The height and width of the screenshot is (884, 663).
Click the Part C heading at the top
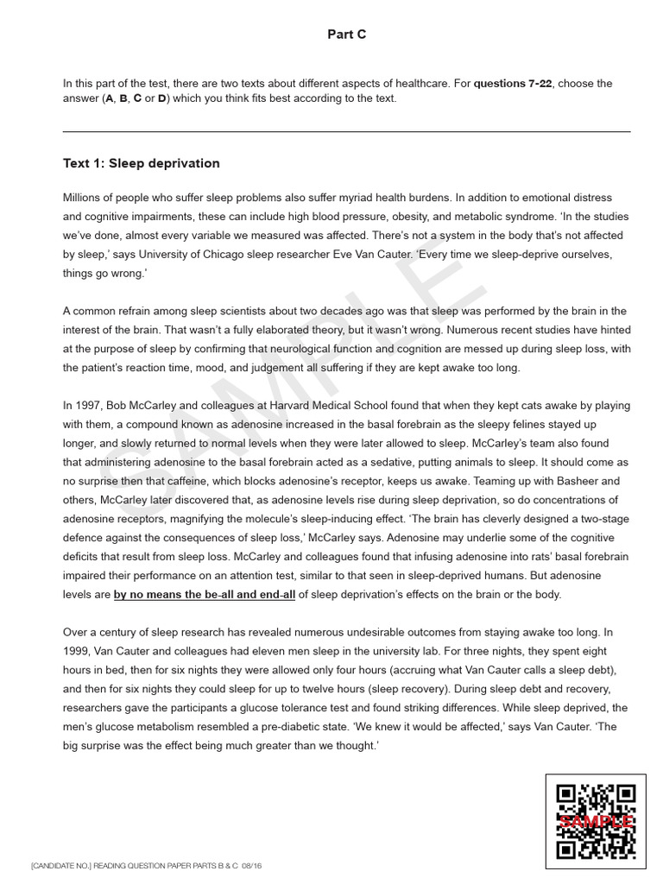pyautogui.click(x=346, y=35)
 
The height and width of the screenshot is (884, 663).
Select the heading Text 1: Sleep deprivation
pyautogui.click(x=141, y=163)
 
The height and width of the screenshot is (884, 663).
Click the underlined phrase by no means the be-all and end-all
pyautogui.click(x=205, y=594)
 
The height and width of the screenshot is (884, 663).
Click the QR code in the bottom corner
pyautogui.click(x=596, y=821)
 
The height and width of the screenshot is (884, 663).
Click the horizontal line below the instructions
pyautogui.click(x=346, y=132)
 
